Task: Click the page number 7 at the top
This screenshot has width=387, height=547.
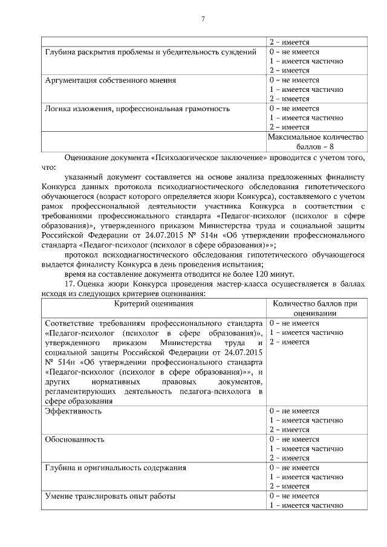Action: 203,19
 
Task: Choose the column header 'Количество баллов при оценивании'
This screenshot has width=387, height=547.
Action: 314,309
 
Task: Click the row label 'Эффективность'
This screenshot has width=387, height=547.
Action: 73,411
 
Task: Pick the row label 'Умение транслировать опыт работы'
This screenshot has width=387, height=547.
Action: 110,496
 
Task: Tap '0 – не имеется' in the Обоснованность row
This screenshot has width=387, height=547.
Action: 294,439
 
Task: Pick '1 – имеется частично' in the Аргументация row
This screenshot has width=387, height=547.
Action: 306,89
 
